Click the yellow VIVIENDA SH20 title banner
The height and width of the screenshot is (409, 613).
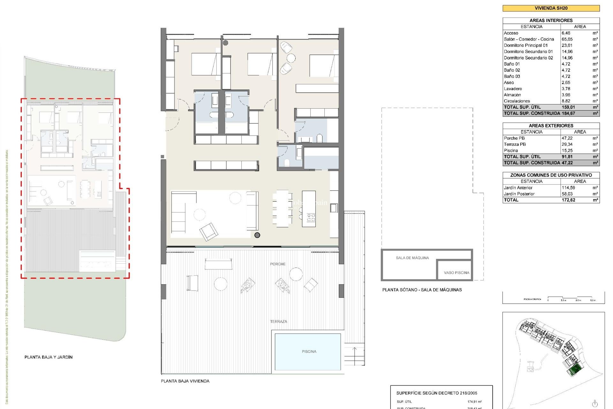click(551, 8)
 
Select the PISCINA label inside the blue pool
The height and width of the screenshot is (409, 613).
click(309, 351)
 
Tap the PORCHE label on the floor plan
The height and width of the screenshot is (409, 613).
click(277, 264)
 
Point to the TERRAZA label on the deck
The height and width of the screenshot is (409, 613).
click(278, 321)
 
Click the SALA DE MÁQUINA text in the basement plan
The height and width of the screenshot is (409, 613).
click(412, 258)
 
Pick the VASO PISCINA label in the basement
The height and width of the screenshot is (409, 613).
click(456, 273)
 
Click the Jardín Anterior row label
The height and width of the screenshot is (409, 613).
click(518, 188)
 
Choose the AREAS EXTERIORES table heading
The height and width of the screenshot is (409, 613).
click(551, 126)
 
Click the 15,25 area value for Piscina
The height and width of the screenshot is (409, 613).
click(567, 150)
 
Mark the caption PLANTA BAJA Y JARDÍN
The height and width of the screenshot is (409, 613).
click(49, 357)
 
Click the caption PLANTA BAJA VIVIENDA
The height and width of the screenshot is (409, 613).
click(185, 381)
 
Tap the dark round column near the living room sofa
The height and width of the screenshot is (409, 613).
click(257, 235)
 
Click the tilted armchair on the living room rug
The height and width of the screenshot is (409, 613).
click(208, 231)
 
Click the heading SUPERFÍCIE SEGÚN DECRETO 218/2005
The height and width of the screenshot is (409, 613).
click(436, 393)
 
